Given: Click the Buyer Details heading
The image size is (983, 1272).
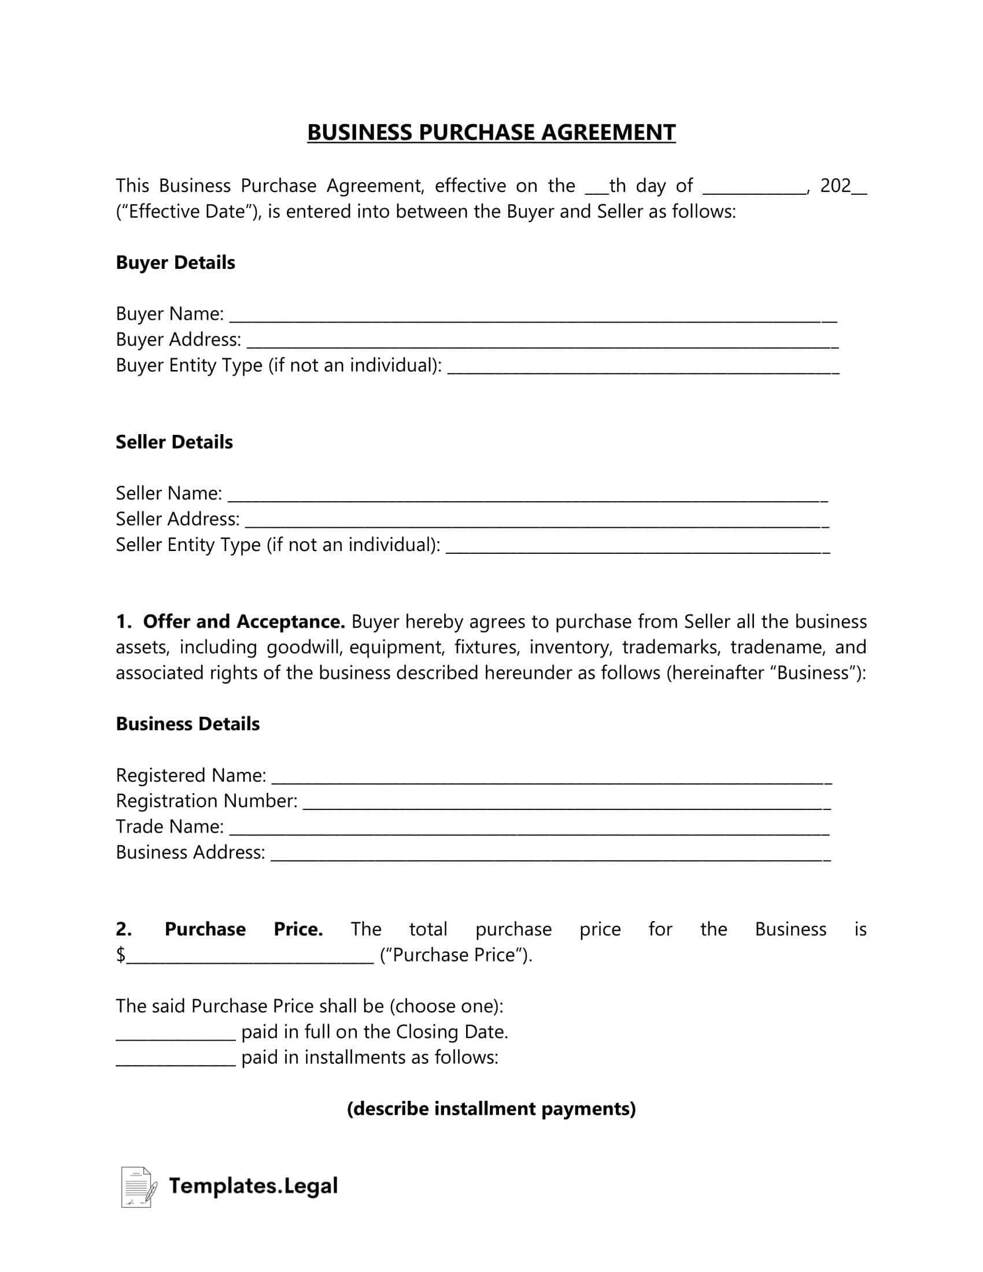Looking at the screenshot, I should coord(175,262).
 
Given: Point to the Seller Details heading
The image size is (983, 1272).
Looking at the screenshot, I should coord(174,442).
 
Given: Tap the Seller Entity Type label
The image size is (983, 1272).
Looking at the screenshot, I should coord(278,545).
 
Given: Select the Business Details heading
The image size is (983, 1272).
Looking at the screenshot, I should coord(187,724).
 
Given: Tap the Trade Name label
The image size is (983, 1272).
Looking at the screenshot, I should coord(169,826).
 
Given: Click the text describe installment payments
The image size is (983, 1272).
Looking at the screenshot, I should coord(491,1108).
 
